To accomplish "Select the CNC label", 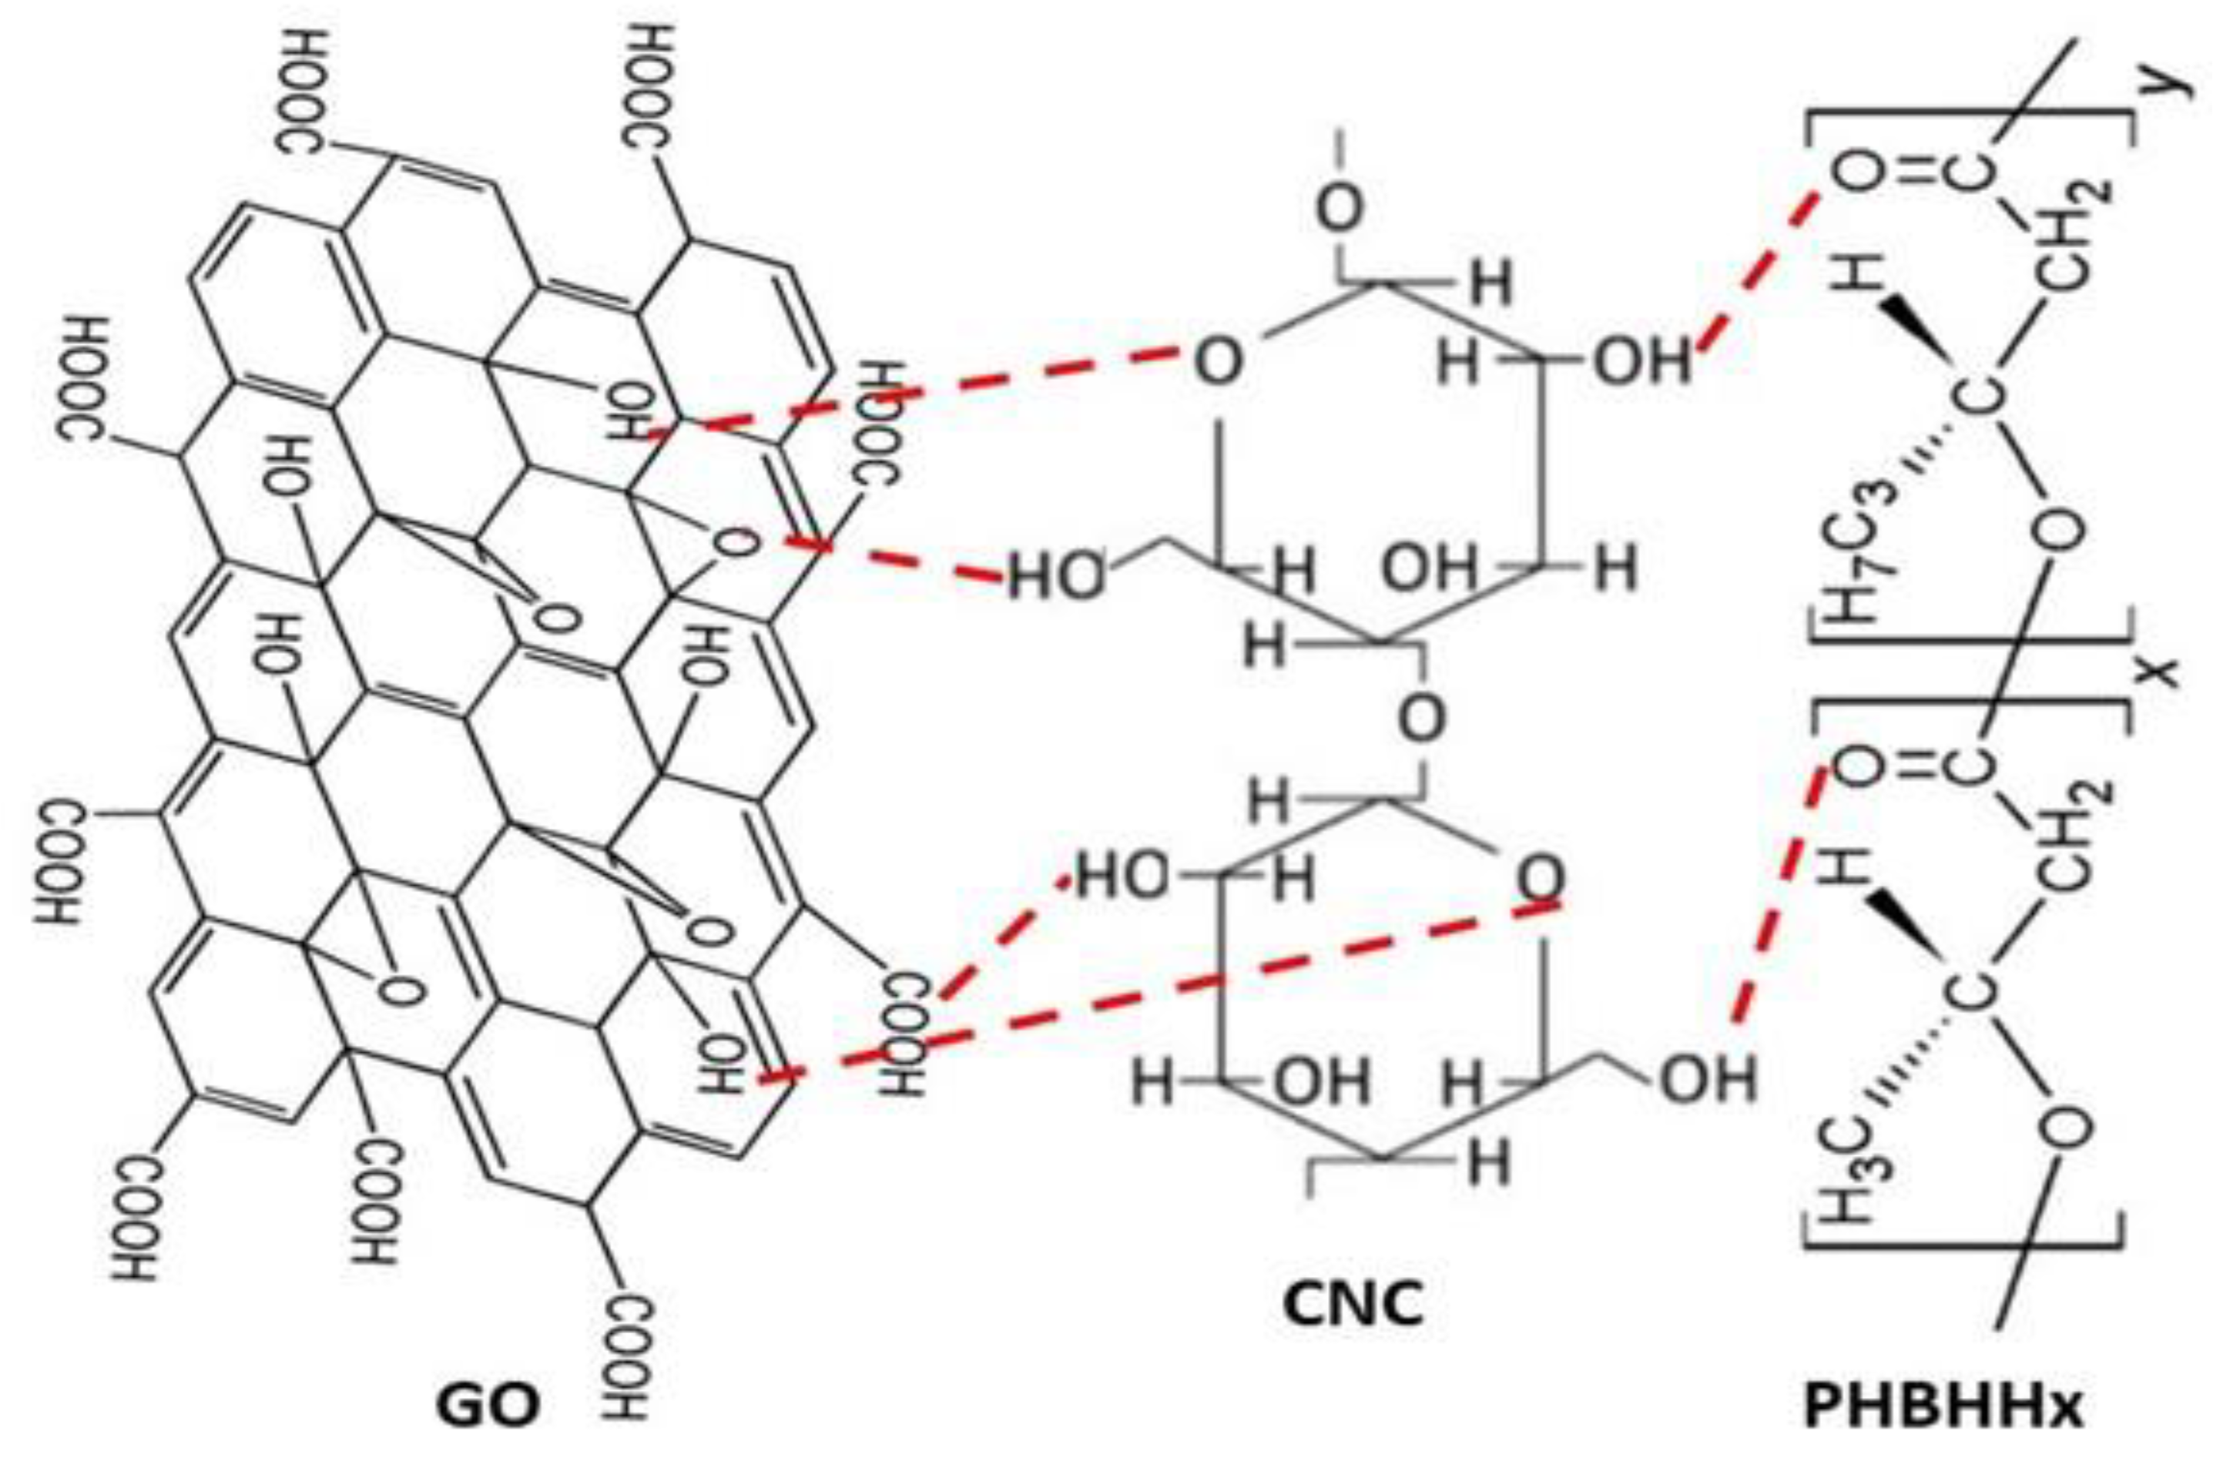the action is click(1352, 1304).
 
